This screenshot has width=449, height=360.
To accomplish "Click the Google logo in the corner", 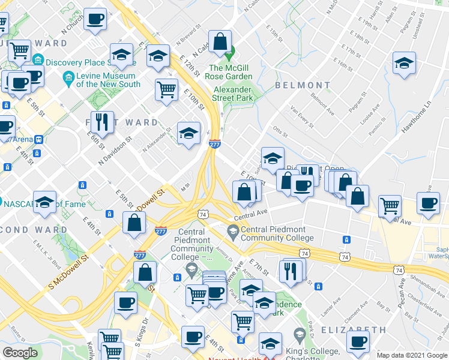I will (20, 353).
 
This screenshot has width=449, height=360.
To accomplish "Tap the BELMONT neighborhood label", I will (303, 85).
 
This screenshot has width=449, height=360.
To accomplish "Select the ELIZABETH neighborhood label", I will (354, 330).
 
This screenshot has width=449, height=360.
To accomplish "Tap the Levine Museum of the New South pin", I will (68, 77).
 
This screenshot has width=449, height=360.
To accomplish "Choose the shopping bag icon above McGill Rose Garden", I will (220, 41).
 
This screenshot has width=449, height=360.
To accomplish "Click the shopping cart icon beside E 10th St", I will (166, 89).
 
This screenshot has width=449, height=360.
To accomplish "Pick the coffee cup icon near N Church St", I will (95, 19).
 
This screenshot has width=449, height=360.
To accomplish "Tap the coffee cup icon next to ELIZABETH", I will (358, 342).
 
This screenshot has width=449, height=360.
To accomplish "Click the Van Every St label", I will (301, 117).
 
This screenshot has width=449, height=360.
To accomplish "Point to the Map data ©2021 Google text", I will (412, 355).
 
